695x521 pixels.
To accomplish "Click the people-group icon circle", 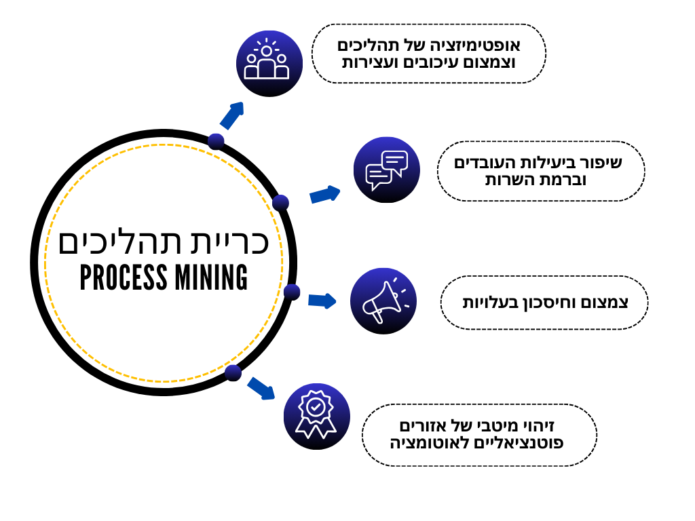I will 269,63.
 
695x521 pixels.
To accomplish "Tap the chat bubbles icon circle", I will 386,170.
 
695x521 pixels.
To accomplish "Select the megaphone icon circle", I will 383,301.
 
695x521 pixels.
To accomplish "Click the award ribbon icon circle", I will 316,416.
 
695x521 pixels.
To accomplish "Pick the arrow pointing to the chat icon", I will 324,195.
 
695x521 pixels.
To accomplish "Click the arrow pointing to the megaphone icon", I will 322,300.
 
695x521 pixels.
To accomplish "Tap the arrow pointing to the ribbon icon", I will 261,389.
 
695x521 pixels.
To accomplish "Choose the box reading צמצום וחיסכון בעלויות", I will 544,303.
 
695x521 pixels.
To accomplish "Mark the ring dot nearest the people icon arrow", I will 216,141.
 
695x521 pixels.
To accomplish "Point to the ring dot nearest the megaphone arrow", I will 292,292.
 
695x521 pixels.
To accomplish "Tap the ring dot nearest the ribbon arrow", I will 233,372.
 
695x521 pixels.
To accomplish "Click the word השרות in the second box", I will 512,180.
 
